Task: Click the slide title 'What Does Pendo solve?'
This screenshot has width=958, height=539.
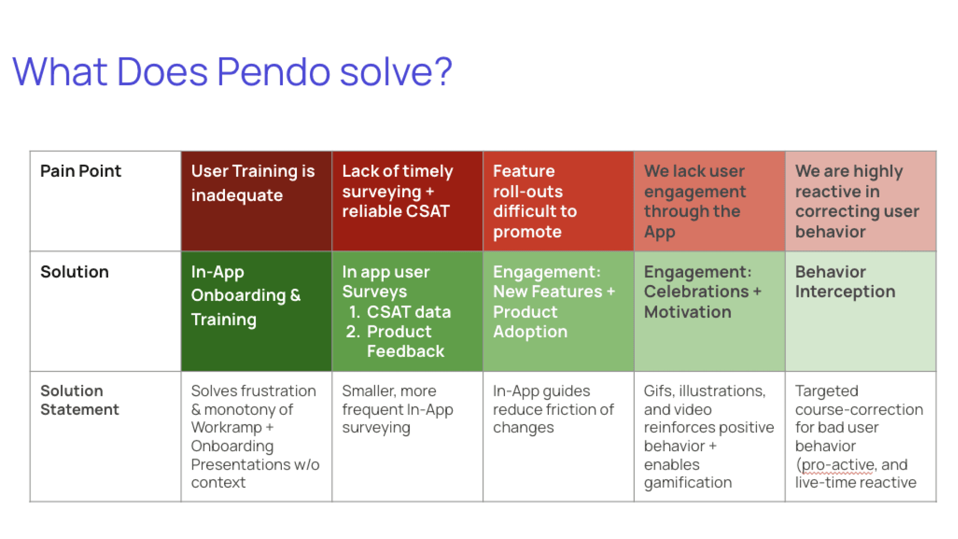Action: tap(232, 71)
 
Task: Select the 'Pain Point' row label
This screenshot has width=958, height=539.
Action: tap(81, 171)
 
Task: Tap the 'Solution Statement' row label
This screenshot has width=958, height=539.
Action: tap(80, 400)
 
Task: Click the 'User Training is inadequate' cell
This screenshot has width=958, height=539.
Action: tap(256, 201)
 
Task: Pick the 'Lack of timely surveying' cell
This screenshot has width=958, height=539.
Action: tap(407, 201)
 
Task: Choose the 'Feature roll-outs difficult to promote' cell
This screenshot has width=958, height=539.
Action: tap(558, 201)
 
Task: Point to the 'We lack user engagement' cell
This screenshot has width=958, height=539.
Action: tap(710, 201)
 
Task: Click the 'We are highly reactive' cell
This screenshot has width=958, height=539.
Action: tap(861, 201)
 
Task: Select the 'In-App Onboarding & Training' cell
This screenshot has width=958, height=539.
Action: tap(256, 311)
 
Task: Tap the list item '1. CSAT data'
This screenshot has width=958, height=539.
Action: tap(400, 312)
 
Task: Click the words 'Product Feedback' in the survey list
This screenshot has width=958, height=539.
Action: tap(405, 341)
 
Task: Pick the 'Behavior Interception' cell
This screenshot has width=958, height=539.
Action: tap(861, 311)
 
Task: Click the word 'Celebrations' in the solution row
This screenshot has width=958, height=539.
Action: tap(697, 291)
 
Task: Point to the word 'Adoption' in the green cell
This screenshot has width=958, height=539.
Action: tap(530, 332)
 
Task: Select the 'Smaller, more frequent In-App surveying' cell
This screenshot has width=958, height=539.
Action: tap(407, 436)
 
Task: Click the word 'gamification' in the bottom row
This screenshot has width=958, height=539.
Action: tap(688, 483)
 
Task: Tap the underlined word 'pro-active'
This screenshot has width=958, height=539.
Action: tap(837, 465)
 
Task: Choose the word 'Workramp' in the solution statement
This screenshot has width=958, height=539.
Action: tap(227, 428)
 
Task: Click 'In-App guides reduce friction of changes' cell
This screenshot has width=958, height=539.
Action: tap(558, 436)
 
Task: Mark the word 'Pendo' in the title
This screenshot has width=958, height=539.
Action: tap(274, 71)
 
